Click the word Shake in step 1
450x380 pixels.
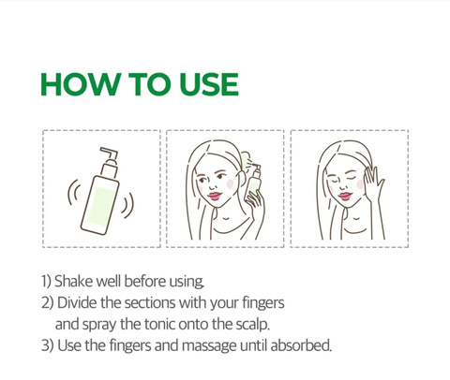click(x=75, y=281)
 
